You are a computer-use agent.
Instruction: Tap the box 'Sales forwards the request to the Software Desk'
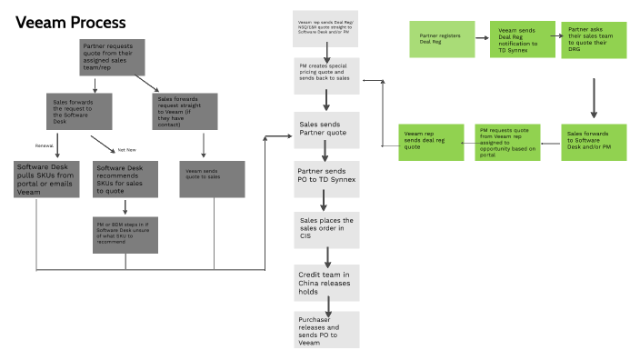(79, 113)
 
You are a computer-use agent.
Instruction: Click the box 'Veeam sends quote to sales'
(211, 178)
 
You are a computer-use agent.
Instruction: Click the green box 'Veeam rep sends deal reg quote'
(428, 142)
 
